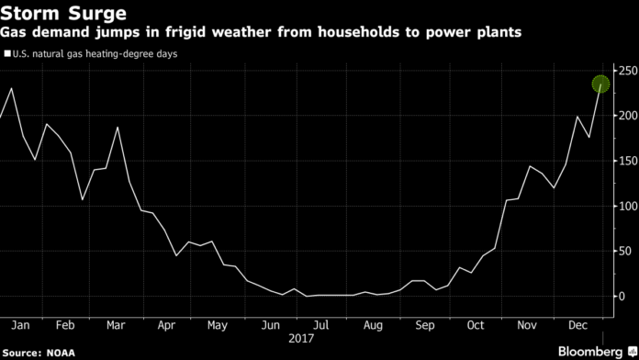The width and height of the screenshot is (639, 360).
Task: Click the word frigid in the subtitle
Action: (198, 32)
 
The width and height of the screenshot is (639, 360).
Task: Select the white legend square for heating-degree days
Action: (8, 54)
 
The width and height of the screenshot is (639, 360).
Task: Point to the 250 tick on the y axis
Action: (626, 71)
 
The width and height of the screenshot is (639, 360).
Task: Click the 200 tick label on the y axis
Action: (626, 116)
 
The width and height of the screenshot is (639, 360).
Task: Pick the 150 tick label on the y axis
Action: (626, 161)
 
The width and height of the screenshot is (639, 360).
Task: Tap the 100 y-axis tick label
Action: (626, 206)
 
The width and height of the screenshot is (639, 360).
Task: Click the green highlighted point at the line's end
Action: (600, 84)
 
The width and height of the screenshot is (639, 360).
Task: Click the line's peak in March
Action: (118, 127)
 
